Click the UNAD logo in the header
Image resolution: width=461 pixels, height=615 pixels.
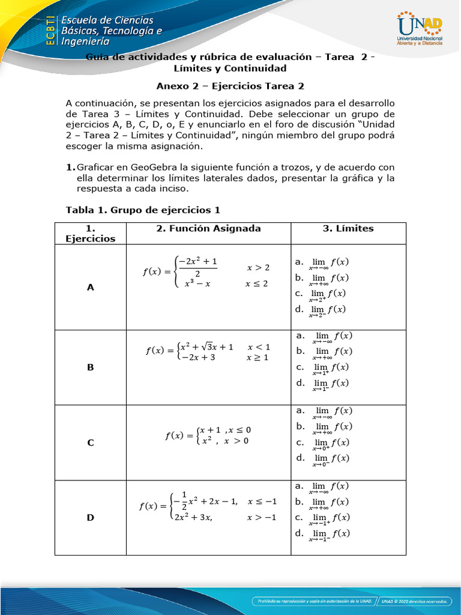pos(420,28)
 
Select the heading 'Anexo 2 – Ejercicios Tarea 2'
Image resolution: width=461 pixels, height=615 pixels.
pos(230,86)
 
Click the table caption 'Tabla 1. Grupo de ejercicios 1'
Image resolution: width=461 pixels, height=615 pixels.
pos(143,210)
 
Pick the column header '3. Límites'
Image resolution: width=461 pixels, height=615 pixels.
pos(348,228)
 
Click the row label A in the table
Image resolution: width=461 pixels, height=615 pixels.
pos(91,288)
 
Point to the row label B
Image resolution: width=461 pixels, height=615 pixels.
pos(91,367)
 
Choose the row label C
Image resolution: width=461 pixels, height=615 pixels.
pos(91,443)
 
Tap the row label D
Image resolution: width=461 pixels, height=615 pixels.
pos(91,517)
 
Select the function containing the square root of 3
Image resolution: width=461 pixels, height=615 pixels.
pos(208,352)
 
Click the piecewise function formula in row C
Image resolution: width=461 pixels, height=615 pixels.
pos(208,435)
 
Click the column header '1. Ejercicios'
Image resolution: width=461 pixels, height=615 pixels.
pos(91,233)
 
